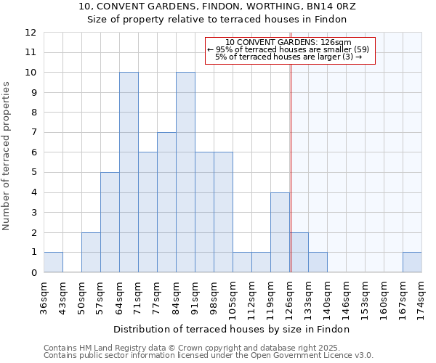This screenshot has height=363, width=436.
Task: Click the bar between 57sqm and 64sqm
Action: (110, 222)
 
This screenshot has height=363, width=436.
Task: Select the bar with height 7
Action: (166, 203)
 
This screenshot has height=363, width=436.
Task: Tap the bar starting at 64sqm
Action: (129, 172)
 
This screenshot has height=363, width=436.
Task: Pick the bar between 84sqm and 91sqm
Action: (185, 172)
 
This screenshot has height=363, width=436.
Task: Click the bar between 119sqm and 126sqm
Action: (280, 232)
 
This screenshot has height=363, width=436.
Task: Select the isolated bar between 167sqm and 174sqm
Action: (412, 262)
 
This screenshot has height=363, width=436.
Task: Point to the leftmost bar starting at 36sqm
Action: (53, 262)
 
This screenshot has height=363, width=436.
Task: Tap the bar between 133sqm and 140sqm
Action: (318, 262)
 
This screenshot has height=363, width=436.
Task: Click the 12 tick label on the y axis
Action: (31, 33)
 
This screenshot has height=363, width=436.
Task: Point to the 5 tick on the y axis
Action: (33, 173)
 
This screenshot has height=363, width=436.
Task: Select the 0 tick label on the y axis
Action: (33, 273)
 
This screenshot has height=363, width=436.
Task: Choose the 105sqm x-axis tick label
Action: (233, 296)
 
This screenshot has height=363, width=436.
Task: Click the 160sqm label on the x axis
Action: (384, 296)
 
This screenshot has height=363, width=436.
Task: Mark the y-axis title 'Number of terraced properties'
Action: (7, 155)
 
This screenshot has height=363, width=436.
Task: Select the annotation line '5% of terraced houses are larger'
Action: (289, 57)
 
